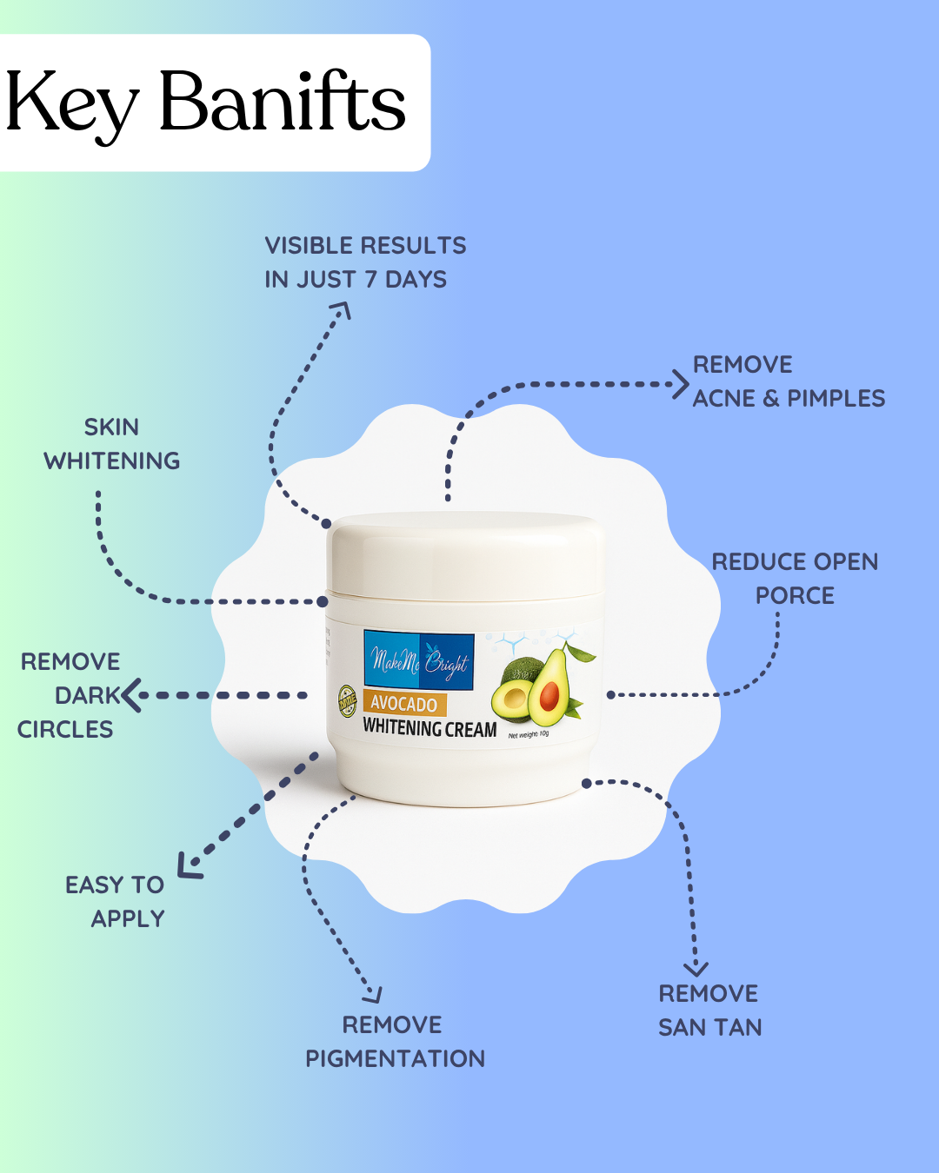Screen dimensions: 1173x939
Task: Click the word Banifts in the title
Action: tap(283, 103)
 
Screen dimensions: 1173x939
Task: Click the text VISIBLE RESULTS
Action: tap(365, 246)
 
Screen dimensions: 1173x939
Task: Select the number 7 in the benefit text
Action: tap(370, 280)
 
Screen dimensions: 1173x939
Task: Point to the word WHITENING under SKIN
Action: tap(112, 461)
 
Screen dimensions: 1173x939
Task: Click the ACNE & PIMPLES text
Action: tap(789, 399)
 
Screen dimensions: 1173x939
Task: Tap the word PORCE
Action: tap(795, 596)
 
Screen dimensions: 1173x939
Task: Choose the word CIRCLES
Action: tap(65, 730)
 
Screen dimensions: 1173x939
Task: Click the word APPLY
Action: tap(128, 919)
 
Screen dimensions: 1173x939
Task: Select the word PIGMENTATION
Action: tap(395, 1059)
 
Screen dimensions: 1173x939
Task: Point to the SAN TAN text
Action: tap(709, 1028)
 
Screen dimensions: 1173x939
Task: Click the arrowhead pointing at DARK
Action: tap(131, 695)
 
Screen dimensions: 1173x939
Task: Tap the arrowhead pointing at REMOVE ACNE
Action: tap(680, 383)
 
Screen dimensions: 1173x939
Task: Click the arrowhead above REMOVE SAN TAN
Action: tap(696, 968)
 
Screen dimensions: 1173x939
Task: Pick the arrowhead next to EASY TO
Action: tap(188, 865)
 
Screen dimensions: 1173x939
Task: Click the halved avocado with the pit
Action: tap(549, 692)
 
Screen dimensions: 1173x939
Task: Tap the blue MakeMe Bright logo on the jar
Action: tap(418, 661)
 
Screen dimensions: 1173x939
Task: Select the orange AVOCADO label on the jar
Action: tap(404, 704)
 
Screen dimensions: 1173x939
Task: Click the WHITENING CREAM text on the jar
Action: tap(430, 728)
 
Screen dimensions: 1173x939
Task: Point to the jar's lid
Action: tap(465, 556)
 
